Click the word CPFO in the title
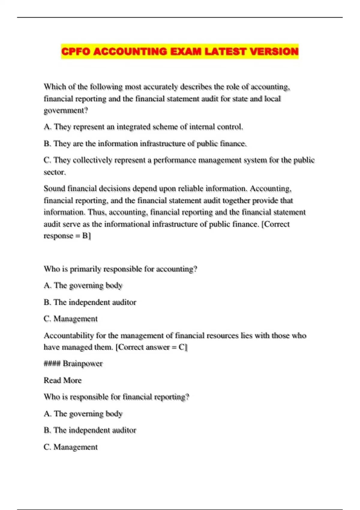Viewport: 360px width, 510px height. pyautogui.click(x=76, y=52)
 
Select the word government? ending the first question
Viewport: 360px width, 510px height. pyautogui.click(x=66, y=110)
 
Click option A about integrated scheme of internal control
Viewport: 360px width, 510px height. pyautogui.click(x=143, y=127)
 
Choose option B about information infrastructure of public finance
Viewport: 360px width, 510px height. pyautogui.click(x=145, y=144)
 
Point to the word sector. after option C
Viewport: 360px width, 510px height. pyautogui.click(x=55, y=172)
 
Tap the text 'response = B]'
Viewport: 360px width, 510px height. pyautogui.click(x=67, y=236)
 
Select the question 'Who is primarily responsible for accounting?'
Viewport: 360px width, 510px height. pyautogui.click(x=120, y=269)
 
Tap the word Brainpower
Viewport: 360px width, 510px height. pyautogui.click(x=82, y=364)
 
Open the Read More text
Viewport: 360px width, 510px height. pyautogui.click(x=62, y=380)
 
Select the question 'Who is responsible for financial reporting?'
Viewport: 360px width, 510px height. pyautogui.click(x=116, y=397)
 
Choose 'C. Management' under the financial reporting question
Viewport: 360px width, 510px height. pyautogui.click(x=70, y=447)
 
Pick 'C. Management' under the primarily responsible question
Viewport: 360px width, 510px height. pyautogui.click(x=70, y=319)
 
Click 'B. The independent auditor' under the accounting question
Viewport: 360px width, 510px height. pyautogui.click(x=90, y=302)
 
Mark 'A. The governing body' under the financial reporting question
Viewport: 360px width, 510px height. pyautogui.click(x=83, y=414)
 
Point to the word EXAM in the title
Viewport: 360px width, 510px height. pyautogui.click(x=186, y=52)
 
